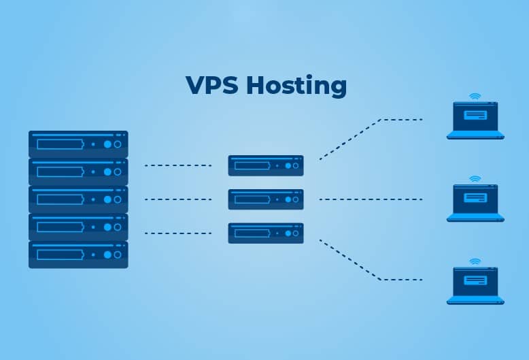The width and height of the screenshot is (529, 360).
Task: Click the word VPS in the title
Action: [212, 85]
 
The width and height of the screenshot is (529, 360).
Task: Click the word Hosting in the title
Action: [296, 86]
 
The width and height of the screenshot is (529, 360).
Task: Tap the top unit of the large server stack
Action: [78, 144]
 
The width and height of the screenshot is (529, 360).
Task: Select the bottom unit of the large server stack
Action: [78, 255]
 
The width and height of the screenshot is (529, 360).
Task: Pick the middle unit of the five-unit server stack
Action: [78, 199]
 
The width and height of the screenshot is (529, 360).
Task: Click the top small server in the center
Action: [266, 165]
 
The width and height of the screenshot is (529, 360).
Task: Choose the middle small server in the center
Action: [266, 199]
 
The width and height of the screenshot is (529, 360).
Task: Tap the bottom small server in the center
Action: [266, 233]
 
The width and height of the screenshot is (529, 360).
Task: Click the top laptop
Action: [475, 120]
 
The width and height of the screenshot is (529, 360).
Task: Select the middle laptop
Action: [475, 203]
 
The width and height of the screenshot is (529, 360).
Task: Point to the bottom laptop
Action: [475, 285]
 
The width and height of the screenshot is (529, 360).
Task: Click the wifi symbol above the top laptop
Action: [475, 97]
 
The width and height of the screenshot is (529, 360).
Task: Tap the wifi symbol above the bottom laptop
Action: [475, 262]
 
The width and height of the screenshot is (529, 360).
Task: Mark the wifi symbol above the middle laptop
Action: [475, 179]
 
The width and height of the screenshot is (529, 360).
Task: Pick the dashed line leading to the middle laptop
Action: [371, 199]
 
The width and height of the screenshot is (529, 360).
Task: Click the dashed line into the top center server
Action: [178, 165]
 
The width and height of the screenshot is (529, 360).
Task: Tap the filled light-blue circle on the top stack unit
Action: [107, 144]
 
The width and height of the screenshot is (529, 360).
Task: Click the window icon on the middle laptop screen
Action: [475, 197]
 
